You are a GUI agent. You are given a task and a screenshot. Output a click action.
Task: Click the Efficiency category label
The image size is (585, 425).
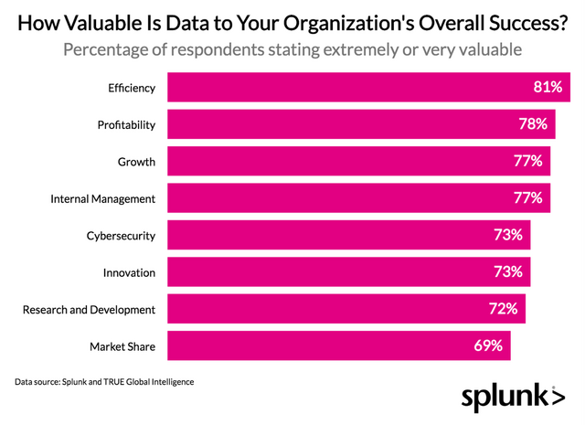131,89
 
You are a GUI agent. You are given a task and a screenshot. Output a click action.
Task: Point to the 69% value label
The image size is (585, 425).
488,345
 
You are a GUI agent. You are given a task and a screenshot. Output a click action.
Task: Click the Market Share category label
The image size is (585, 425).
122,346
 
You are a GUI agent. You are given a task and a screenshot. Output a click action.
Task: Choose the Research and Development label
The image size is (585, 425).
90,310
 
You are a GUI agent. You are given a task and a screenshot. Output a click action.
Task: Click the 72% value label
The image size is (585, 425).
504,309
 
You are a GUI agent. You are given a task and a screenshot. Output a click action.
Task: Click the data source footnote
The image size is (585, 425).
105,380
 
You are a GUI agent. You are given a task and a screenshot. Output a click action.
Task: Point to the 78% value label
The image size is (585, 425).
530,125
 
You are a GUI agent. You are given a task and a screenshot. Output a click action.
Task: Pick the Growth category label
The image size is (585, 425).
137,162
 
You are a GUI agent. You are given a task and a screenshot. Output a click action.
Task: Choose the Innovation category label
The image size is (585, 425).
130,272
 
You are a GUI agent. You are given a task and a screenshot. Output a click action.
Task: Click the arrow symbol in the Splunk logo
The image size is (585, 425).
557,398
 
